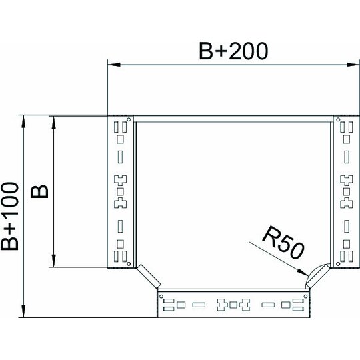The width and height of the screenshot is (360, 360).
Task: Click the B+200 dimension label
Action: click(233, 51)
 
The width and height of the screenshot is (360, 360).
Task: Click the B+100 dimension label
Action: click(9, 216)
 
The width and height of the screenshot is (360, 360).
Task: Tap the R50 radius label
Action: click(283, 243)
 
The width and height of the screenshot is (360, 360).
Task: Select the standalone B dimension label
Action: click(39, 191)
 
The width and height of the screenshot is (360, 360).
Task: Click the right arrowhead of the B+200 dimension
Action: click(353, 65)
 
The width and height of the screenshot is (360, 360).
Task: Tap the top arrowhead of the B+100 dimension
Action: click(23, 121)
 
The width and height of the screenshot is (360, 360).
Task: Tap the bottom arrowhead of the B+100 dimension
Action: click(23, 311)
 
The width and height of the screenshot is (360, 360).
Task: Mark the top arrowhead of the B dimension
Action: click(54, 123)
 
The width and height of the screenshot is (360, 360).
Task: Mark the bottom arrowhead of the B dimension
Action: click(54, 261)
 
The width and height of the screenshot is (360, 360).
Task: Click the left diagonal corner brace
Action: click(149, 276)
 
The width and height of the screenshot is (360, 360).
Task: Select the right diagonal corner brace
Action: click(318, 276)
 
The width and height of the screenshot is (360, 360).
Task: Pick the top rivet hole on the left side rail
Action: click(129, 119)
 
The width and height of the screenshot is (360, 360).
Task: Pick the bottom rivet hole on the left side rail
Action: click(129, 263)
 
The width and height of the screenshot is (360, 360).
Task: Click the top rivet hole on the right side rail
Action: click(338, 119)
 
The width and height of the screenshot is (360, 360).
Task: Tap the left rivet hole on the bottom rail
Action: click(161, 297)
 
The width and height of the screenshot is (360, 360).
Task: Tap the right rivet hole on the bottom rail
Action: click(305, 297)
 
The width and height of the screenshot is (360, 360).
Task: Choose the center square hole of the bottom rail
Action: click(233, 305)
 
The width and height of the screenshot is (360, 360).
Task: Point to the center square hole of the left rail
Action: click(120, 191)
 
